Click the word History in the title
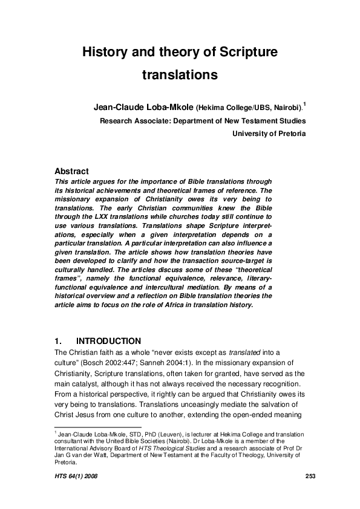tap(104, 53)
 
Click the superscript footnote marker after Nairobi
tap(304, 105)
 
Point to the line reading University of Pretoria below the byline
tap(269, 134)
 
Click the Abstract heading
tap(71, 171)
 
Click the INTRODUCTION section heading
tap(109, 341)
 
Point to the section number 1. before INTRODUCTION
tap(59, 341)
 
